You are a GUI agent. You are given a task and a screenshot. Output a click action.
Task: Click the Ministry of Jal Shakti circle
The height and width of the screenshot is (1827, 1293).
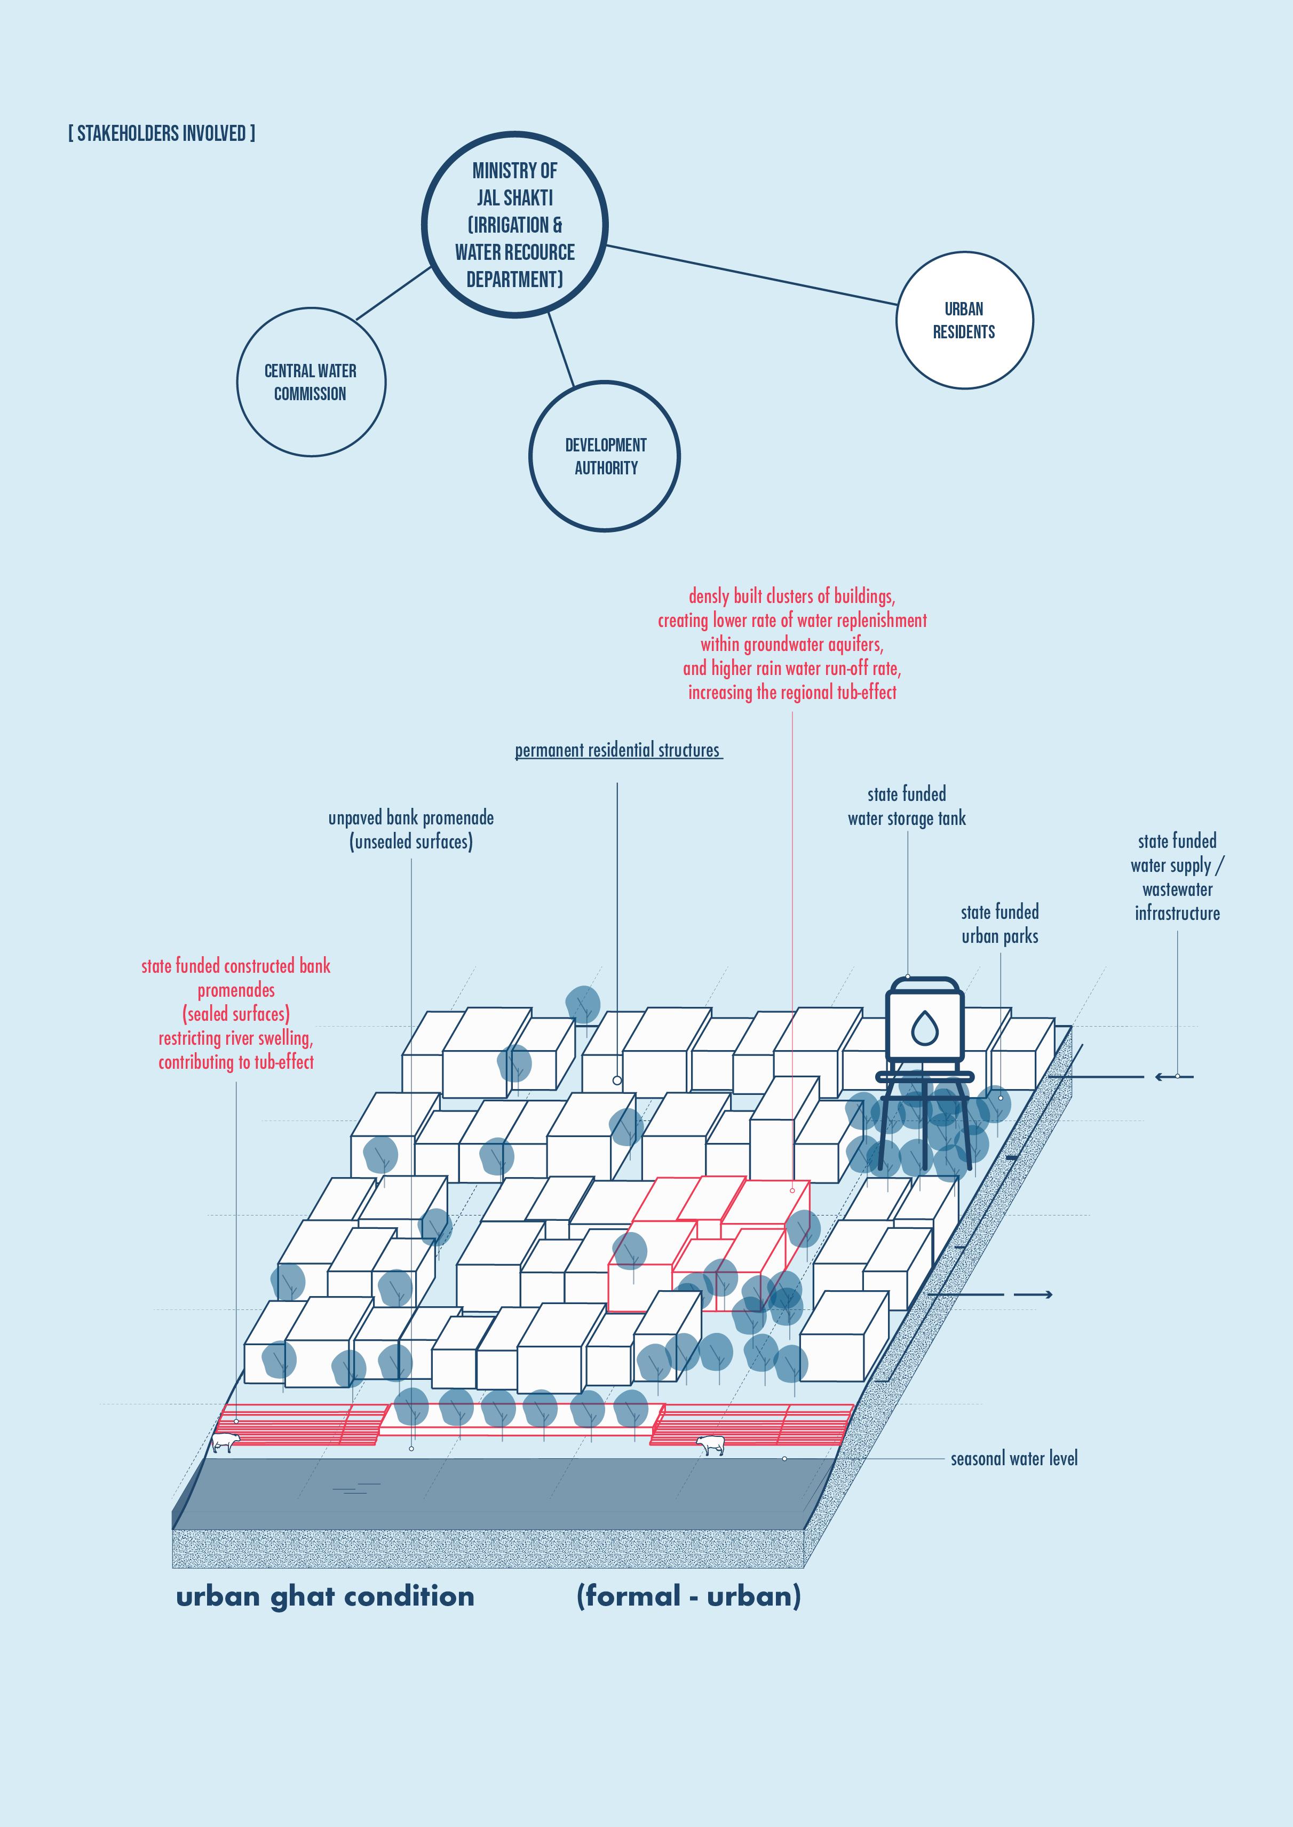[x=514, y=225]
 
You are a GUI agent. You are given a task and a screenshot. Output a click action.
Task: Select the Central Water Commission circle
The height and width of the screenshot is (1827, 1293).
[x=311, y=382]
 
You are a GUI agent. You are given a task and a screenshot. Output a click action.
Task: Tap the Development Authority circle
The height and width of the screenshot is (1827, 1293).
[x=605, y=456]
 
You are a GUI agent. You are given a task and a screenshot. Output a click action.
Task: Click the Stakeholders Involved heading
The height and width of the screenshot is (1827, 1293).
[x=162, y=133]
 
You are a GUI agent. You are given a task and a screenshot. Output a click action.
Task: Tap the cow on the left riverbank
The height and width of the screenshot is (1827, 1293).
[x=225, y=1442]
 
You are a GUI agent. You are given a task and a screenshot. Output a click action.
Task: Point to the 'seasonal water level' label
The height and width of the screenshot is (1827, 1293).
[x=1013, y=1458]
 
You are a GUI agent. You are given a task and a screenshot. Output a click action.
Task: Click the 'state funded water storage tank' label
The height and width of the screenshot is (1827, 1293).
[x=906, y=806]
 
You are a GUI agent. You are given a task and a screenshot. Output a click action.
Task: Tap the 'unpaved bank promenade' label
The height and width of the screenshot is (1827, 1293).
[x=411, y=830]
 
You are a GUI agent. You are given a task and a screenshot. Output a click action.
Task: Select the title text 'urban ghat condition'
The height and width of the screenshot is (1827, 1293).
[x=325, y=1596]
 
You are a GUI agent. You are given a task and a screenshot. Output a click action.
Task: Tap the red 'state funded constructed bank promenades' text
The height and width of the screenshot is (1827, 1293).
[x=236, y=1013]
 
